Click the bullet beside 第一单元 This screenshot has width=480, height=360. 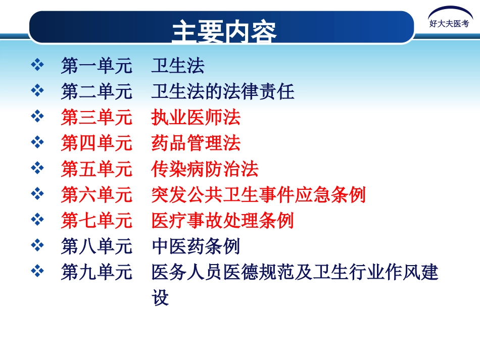[x=37, y=65]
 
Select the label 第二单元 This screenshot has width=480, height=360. [x=97, y=91]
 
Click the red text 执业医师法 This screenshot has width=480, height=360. [x=196, y=118]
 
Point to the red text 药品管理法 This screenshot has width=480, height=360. [x=196, y=143]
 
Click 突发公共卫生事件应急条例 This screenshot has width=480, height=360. [x=258, y=195]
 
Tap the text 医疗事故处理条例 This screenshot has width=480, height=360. [x=222, y=221]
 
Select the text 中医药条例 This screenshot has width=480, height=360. [x=196, y=246]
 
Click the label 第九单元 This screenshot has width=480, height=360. [x=97, y=273]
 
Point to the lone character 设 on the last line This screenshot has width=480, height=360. [x=160, y=298]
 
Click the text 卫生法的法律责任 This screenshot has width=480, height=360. [x=222, y=91]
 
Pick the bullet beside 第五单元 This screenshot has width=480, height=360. [x=37, y=168]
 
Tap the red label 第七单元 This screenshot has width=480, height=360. [x=97, y=221]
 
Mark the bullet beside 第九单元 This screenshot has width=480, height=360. [x=37, y=272]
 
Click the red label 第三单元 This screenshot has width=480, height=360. [x=97, y=118]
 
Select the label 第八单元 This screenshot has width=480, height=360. [x=97, y=246]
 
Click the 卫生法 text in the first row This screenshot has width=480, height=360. [x=177, y=66]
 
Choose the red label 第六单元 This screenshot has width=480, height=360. [x=97, y=195]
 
